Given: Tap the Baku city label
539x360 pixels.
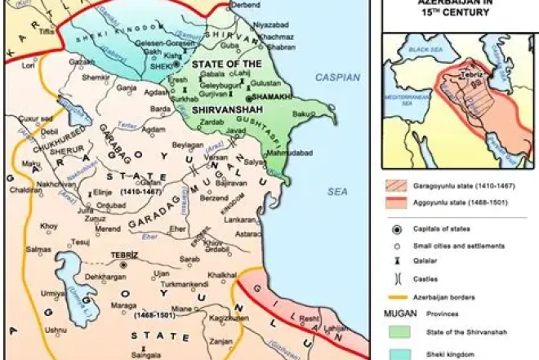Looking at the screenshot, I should tap(303, 113).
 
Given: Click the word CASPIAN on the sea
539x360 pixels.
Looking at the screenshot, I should tap(337, 77).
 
